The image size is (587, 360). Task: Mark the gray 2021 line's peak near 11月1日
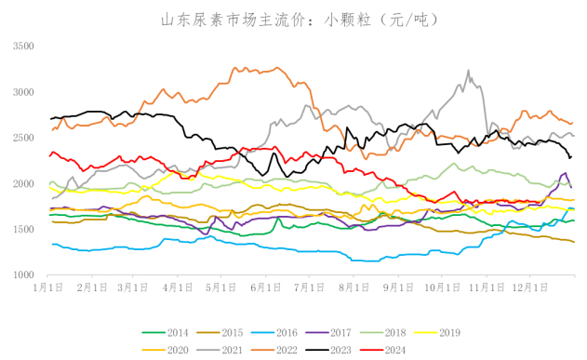469,71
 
